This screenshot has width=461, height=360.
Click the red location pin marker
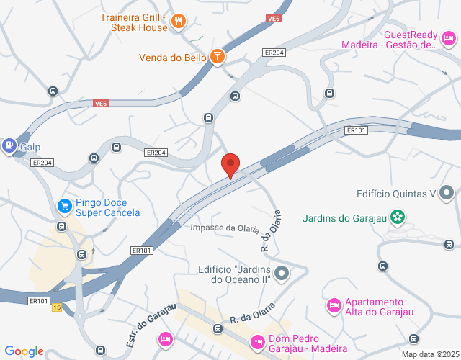pos(230,165)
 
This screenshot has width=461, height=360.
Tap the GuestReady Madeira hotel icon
pos(449,39)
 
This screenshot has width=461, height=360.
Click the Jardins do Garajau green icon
pos(397,217)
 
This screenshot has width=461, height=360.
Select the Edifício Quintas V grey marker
pos(447,193)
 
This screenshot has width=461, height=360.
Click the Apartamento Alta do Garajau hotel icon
pos(334,306)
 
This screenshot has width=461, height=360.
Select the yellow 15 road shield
pos(57,308)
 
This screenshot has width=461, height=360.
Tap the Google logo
pos(24,351)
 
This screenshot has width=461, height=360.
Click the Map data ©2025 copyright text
pos(429,354)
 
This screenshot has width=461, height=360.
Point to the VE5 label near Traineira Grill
pos(273,19)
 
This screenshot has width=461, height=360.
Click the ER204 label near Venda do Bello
pos(274,53)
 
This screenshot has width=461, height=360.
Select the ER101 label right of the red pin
pos(357,130)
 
